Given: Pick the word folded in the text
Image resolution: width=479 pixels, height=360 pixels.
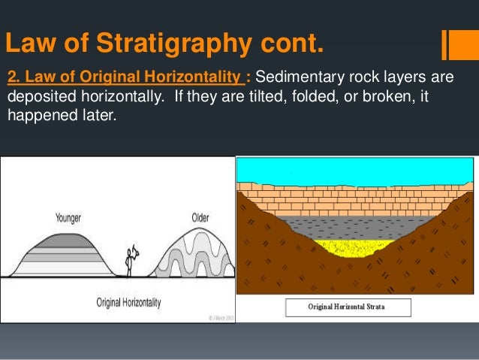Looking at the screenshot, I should pos(312,98).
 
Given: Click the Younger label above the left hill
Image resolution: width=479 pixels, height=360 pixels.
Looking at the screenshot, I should pos(68,218).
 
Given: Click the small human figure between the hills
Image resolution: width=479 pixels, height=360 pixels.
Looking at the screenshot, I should pos(131,260).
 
